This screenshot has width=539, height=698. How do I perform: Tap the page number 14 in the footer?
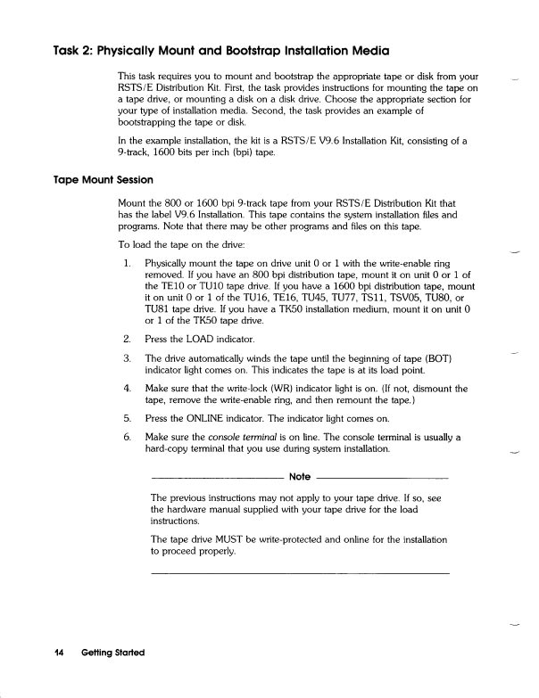tap(60, 653)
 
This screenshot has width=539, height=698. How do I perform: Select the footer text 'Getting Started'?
tap(112, 653)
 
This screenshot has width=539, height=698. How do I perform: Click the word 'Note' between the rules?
tap(300, 477)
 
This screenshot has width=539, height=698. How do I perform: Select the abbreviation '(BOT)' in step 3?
tap(439, 358)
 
